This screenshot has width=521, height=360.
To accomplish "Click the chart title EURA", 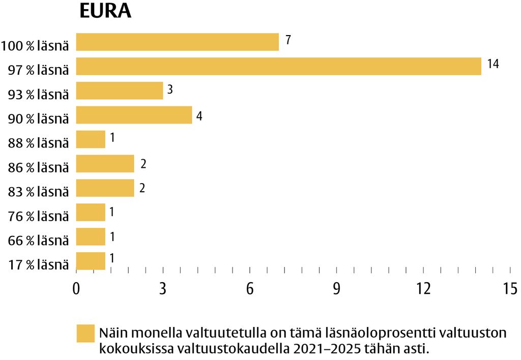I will [105, 11].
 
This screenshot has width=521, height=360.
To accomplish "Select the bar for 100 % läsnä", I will [177, 42].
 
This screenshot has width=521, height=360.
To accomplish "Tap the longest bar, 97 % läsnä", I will [278, 66].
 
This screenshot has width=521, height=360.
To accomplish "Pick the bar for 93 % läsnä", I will [119, 91].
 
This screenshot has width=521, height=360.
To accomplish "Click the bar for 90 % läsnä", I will [134, 115].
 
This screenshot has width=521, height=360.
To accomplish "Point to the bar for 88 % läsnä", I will [91, 139].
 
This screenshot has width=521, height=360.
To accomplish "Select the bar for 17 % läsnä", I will [91, 261].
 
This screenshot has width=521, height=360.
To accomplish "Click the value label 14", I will [493, 64].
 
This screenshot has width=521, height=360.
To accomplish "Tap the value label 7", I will [288, 40].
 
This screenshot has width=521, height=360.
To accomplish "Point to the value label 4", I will [199, 115].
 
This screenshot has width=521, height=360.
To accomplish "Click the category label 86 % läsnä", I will [39, 167].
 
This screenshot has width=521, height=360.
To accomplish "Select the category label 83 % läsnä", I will [39, 192].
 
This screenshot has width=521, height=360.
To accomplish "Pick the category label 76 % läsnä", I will [39, 217].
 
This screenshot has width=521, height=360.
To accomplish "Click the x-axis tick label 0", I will [76, 289].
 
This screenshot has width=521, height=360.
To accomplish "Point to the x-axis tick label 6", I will [250, 289].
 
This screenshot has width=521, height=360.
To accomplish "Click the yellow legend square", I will [85, 334].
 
